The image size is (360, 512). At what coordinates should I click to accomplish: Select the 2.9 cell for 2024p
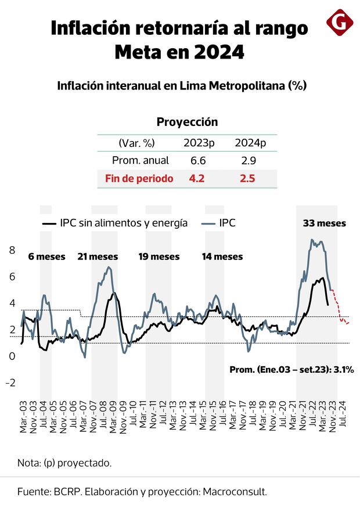click(247, 160)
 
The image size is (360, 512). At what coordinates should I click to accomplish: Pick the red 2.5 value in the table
click(247, 178)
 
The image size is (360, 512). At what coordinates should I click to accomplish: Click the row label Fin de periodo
click(139, 178)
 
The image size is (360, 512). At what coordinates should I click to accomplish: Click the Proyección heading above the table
click(187, 122)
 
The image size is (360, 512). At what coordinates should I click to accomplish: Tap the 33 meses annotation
click(325, 223)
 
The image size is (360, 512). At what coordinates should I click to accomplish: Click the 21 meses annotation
click(98, 256)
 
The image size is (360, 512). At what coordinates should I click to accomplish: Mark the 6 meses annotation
click(47, 256)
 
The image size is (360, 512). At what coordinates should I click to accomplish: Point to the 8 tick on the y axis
click(12, 250)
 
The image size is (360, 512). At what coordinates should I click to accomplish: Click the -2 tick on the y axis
click(10, 383)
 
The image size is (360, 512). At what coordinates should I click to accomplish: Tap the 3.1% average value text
click(343, 369)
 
